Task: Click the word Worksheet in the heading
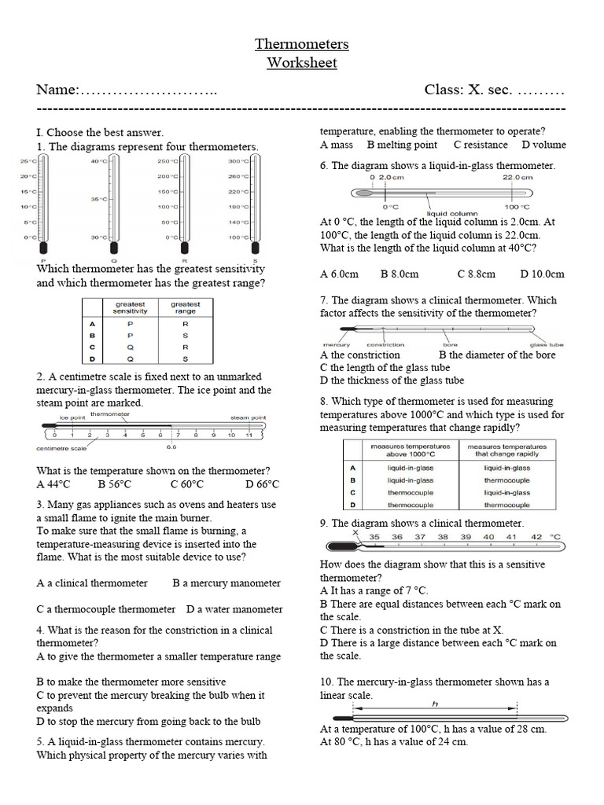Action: tap(302, 63)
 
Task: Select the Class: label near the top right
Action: tap(444, 90)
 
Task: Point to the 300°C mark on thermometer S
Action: tap(238, 161)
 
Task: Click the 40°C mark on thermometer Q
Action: tap(98, 161)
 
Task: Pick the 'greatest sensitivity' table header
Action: tap(131, 307)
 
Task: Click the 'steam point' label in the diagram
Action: tap(248, 417)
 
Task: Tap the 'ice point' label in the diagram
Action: tap(72, 417)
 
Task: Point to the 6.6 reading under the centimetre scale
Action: tap(171, 448)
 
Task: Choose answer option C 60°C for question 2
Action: tap(186, 484)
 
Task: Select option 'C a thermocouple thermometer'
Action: tap(105, 609)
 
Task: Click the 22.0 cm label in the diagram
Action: tap(517, 178)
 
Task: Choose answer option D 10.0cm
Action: tap(542, 274)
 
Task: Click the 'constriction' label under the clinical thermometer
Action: tap(385, 344)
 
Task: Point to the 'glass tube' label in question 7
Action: tap(547, 344)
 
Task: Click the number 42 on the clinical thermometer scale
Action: tap(536, 537)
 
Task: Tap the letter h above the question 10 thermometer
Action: tap(433, 704)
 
